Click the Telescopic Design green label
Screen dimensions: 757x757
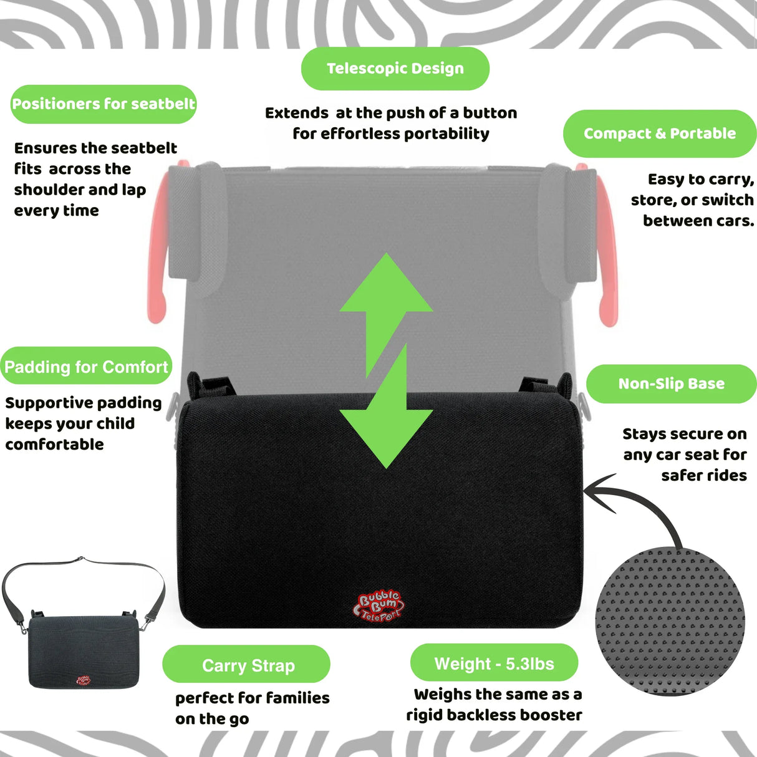395,69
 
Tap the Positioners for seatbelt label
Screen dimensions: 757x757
104,104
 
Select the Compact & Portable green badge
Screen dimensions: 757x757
659,133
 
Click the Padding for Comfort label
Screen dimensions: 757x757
86,367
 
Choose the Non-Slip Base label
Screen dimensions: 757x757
671,384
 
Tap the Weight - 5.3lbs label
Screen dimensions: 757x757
494,663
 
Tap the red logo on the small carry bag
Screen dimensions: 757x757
83,680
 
